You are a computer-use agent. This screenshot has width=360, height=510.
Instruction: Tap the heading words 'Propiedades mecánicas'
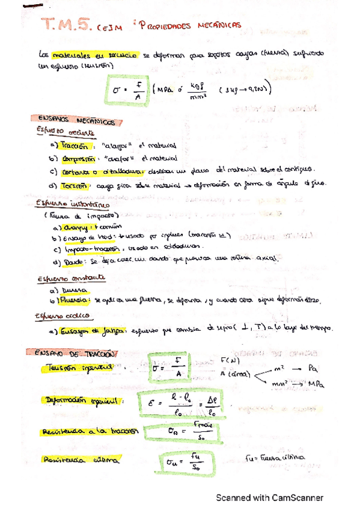tap(189, 25)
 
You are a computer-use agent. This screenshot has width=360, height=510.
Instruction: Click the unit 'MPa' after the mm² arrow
tap(313, 384)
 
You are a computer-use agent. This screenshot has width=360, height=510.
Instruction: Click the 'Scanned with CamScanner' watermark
tap(270, 497)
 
